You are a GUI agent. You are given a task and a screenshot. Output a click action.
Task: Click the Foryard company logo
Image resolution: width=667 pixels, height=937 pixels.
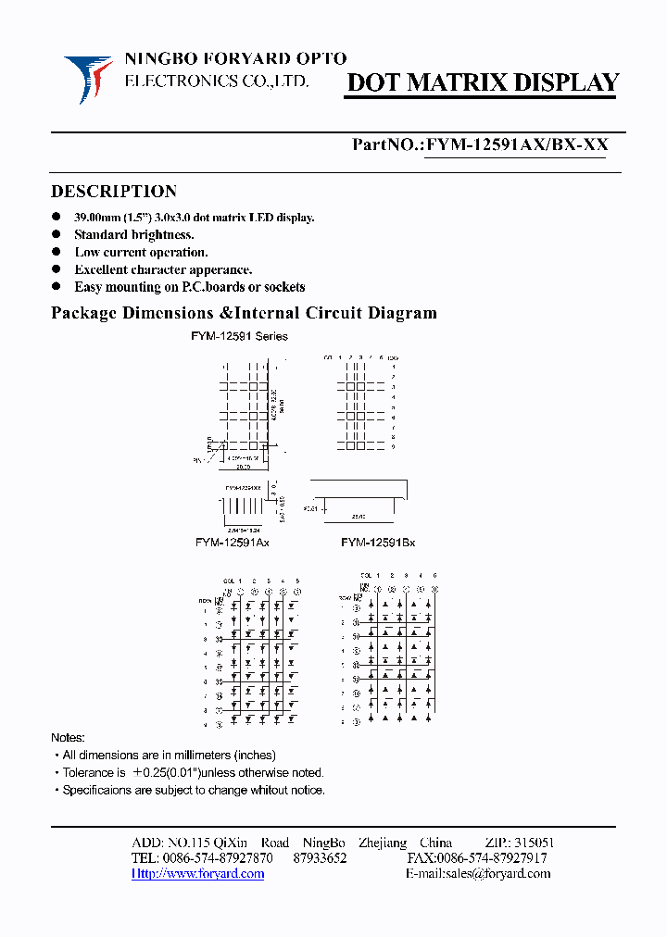click(x=88, y=78)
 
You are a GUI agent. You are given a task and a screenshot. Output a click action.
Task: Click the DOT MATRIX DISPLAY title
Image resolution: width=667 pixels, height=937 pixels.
click(x=482, y=83)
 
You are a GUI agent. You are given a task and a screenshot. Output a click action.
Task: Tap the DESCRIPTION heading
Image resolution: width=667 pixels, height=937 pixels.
click(x=114, y=192)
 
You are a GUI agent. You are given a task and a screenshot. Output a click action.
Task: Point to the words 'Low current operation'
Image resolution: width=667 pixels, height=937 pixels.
click(x=141, y=252)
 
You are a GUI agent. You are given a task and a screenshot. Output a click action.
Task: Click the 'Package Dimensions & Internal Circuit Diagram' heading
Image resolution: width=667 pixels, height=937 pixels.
click(x=244, y=313)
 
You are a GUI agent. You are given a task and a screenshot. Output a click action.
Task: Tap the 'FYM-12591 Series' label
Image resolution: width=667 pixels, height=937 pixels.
click(x=239, y=337)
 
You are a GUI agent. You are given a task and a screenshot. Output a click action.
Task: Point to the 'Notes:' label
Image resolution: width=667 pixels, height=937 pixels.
click(x=68, y=738)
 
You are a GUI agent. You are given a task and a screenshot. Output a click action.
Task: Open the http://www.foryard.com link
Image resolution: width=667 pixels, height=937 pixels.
click(x=197, y=873)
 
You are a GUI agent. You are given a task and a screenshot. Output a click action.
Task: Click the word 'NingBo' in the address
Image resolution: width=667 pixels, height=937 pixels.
click(x=323, y=843)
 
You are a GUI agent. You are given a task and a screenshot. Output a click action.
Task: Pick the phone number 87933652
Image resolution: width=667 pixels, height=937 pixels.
click(x=320, y=858)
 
